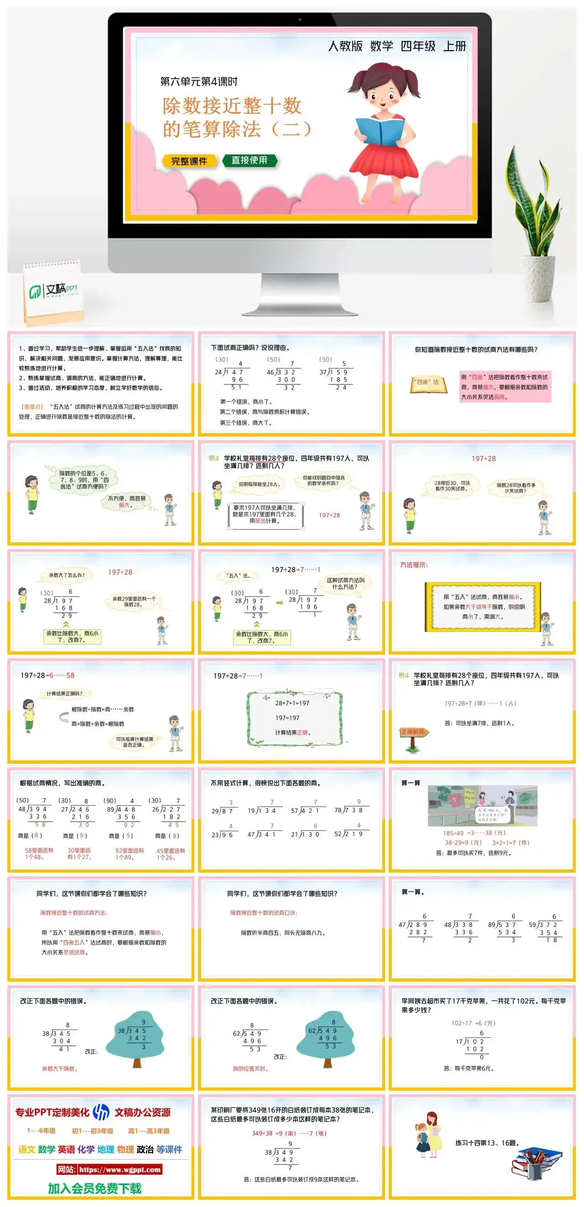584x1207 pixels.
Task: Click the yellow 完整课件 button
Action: [189, 161]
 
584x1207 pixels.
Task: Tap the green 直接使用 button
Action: [250, 160]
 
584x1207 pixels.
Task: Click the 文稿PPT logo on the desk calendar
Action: [54, 291]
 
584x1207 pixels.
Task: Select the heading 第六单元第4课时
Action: [199, 82]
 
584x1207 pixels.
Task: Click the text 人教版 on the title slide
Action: [345, 46]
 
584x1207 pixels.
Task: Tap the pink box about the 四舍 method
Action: [505, 386]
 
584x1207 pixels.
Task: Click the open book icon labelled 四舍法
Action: [428, 384]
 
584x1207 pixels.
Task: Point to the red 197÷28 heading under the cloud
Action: [483, 459]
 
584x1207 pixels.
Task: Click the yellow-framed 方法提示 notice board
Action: [483, 607]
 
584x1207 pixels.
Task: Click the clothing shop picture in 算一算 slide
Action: [482, 806]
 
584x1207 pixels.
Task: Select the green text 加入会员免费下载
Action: [95, 1188]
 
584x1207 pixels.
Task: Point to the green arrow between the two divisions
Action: [279, 603]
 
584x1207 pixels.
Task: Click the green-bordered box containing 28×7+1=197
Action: [294, 718]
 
